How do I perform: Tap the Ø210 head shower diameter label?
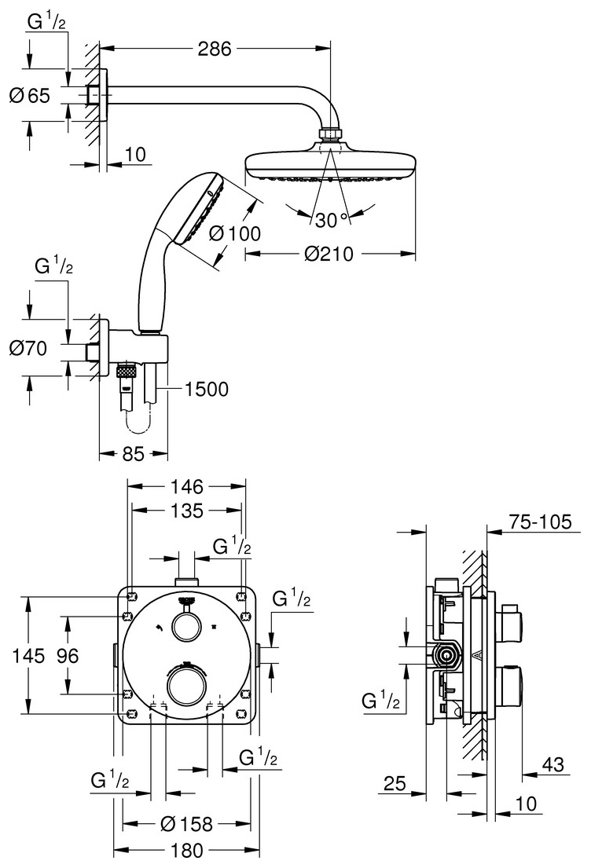(x=329, y=254)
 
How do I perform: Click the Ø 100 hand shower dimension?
(x=235, y=233)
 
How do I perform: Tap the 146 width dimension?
(x=187, y=486)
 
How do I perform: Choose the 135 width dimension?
(x=187, y=511)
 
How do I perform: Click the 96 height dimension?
(x=68, y=656)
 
